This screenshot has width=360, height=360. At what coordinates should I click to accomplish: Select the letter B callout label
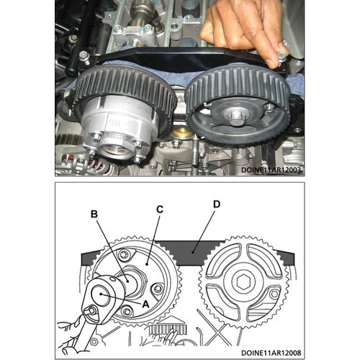tap(94, 214)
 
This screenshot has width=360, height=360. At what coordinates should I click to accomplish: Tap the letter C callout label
tap(160, 210)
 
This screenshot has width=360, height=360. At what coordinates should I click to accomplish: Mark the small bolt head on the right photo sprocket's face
tap(269, 108)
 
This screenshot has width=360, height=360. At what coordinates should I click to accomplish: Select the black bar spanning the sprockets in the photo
tap(180, 60)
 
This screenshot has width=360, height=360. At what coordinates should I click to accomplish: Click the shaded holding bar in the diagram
tap(187, 251)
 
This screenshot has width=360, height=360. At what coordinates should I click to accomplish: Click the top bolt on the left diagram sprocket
tap(124, 255)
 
